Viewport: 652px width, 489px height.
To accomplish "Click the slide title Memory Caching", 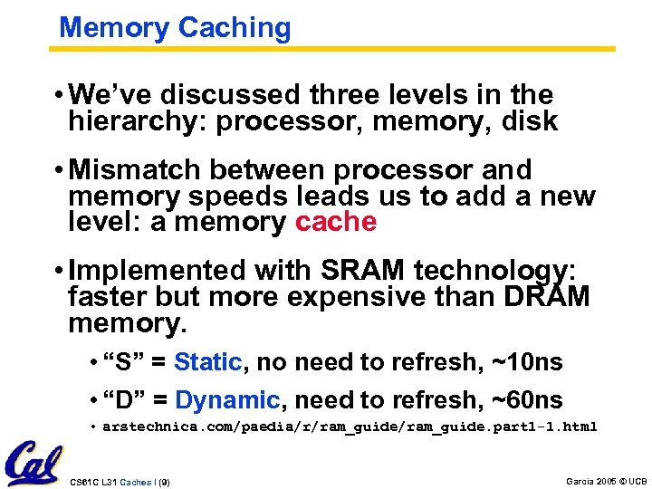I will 175,27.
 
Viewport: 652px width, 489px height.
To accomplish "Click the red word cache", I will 336,222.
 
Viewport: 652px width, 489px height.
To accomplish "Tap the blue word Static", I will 207,363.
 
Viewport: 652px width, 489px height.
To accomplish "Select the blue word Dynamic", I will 227,399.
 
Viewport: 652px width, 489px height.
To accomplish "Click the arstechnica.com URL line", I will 350,427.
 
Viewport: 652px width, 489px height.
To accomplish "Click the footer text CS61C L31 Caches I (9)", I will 120,481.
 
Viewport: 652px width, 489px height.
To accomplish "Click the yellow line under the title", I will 335,49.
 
